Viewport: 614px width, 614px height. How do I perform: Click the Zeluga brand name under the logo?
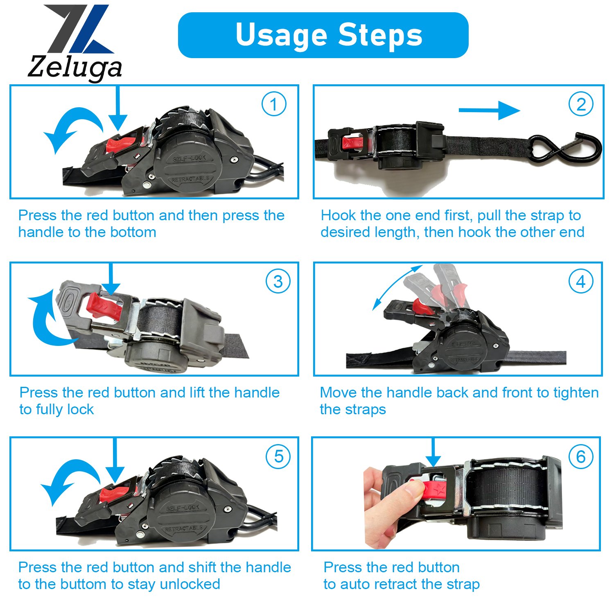click(x=75, y=67)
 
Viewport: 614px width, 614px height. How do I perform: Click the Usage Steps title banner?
click(x=323, y=35)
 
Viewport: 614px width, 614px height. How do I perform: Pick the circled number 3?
click(x=278, y=281)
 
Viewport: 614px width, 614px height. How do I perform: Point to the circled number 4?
click(x=581, y=281)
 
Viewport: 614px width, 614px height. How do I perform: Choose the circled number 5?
click(x=278, y=456)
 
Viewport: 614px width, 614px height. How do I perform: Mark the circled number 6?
click(x=581, y=456)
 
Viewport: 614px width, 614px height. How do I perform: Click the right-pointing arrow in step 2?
click(x=489, y=111)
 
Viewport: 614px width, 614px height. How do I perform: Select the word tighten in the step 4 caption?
click(x=576, y=393)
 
